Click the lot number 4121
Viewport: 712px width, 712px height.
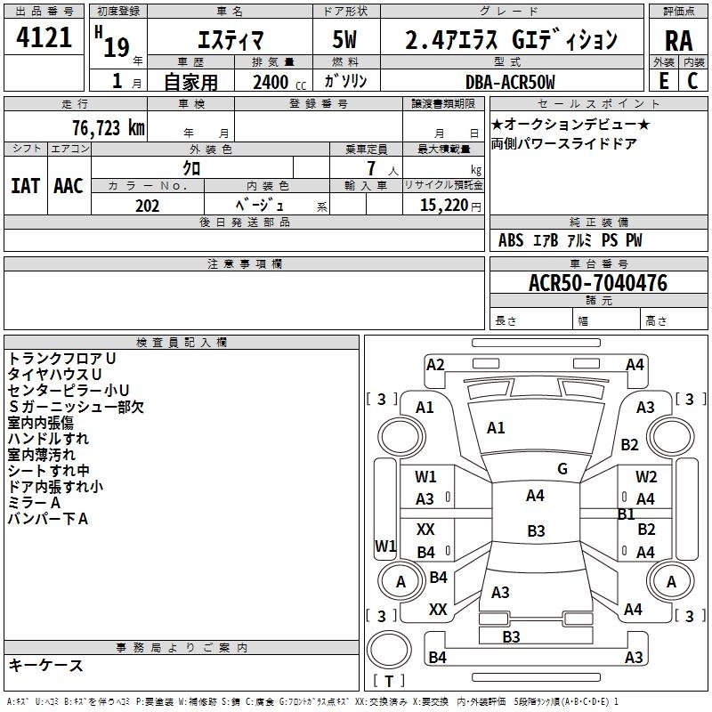point(44,37)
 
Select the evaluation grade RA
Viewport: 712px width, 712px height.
point(678,41)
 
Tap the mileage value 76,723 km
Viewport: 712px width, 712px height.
point(109,128)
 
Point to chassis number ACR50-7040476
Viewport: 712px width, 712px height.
point(598,282)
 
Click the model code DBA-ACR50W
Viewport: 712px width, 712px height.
point(510,82)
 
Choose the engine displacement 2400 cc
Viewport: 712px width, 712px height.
point(279,82)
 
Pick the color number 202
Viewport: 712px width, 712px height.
point(148,206)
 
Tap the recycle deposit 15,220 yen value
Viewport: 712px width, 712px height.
point(450,206)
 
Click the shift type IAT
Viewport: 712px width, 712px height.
point(25,186)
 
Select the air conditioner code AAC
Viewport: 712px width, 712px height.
point(69,186)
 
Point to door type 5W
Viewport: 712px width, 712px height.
point(344,39)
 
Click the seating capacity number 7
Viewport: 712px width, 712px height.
point(371,168)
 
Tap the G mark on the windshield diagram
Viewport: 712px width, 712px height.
point(562,469)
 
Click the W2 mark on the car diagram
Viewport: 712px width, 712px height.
point(646,477)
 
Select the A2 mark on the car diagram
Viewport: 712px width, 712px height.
point(435,365)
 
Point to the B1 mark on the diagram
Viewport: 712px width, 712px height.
point(627,514)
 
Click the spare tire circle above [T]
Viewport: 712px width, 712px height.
point(389,650)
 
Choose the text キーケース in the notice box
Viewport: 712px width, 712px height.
point(45,665)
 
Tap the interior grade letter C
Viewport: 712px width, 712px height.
point(692,81)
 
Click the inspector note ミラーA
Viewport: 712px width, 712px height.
point(34,503)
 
